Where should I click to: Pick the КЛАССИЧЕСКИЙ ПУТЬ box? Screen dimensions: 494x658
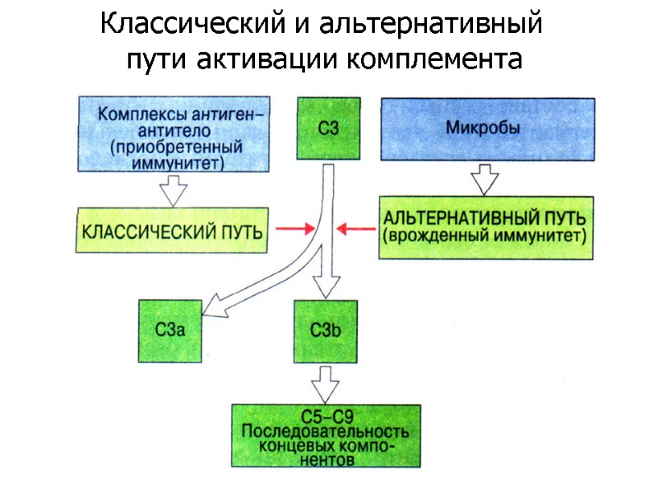(173, 230)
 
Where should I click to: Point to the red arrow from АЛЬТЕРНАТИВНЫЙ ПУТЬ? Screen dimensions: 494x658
(356, 229)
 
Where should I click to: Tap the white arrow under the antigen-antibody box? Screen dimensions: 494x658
(174, 190)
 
